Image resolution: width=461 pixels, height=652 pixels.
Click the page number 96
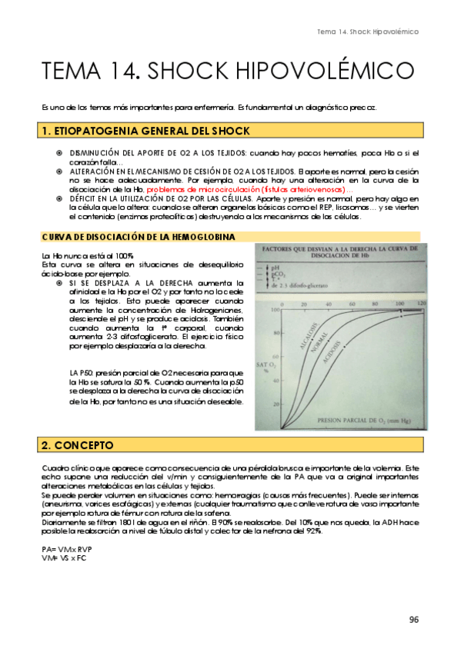click(413, 620)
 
